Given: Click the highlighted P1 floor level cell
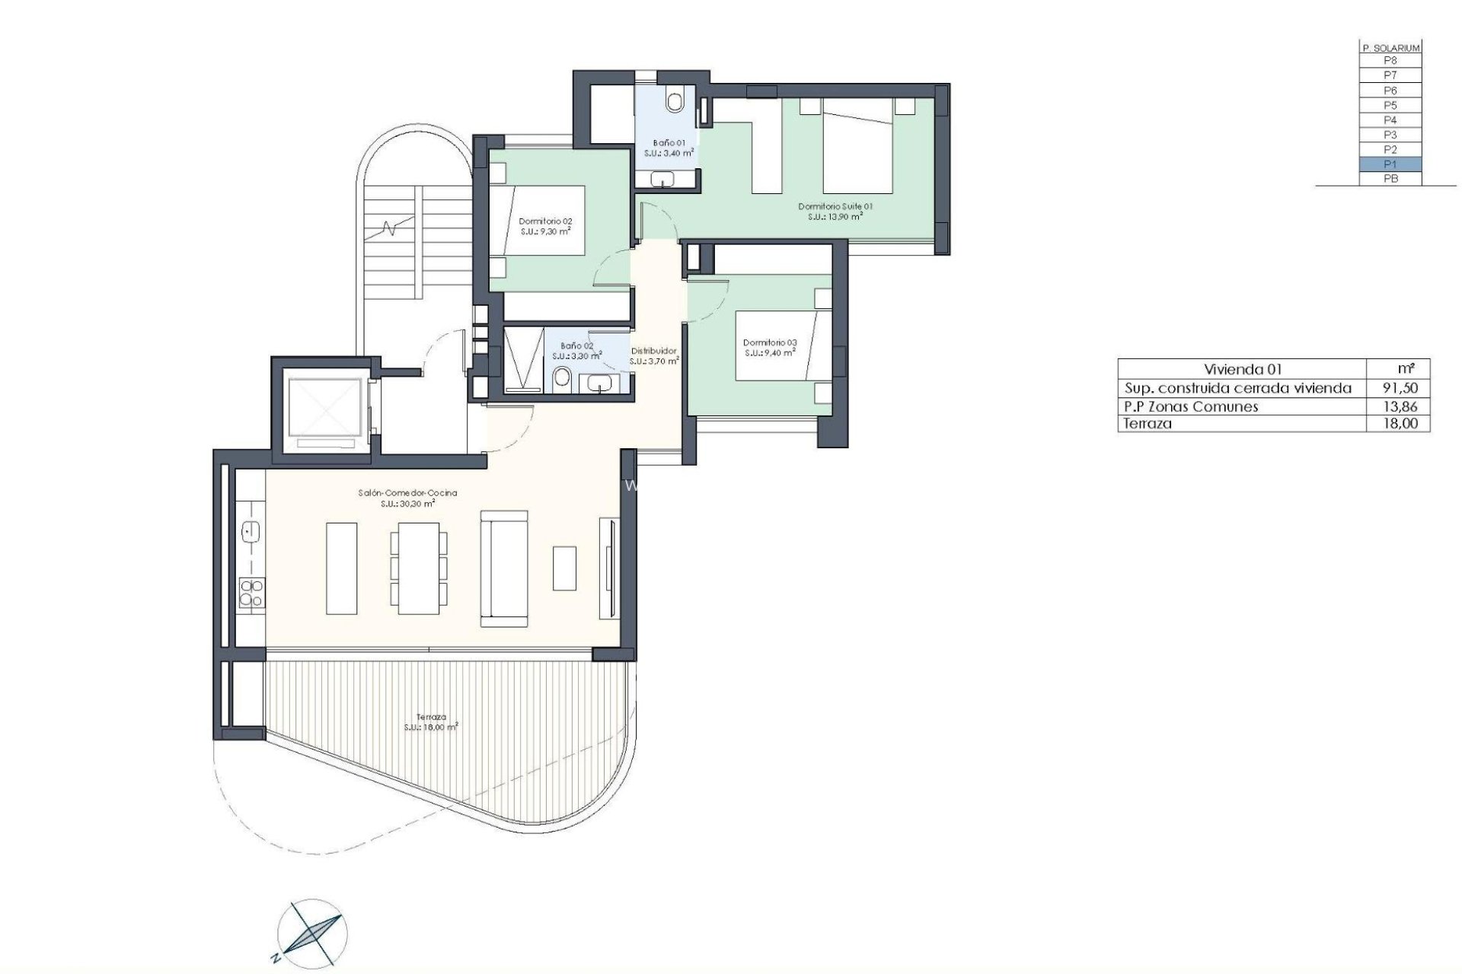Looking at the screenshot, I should (1390, 164).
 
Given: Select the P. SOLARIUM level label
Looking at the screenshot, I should (1390, 47).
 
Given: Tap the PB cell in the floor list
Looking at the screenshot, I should (1390, 179).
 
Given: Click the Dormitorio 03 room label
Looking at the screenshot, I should (770, 343).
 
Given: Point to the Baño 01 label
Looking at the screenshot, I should (669, 143).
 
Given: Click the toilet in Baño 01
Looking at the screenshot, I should (675, 100).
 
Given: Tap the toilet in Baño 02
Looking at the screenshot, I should (563, 377).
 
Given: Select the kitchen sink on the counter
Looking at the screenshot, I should (251, 530).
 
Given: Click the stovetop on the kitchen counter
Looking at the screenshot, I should (251, 593).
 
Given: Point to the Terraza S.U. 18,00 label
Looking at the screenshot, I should (431, 722).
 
